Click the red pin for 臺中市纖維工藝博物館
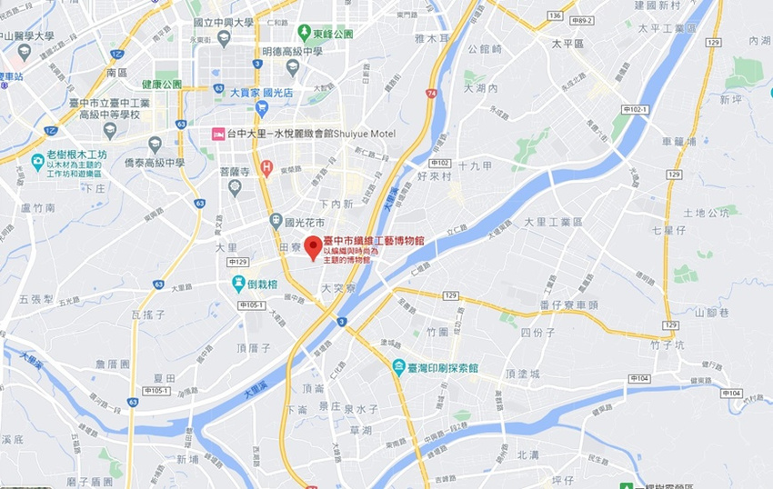(x=313, y=246)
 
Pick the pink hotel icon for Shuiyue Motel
(x=217, y=135)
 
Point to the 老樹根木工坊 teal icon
(x=37, y=161)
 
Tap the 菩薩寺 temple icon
(x=235, y=187)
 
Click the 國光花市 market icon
(x=276, y=221)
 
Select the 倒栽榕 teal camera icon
(x=237, y=283)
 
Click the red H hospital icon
(x=266, y=166)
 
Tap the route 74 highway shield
(x=429, y=94)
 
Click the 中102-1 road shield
(x=635, y=110)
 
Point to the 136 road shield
(x=555, y=16)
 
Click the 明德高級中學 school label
(x=293, y=52)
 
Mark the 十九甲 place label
(x=475, y=165)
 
